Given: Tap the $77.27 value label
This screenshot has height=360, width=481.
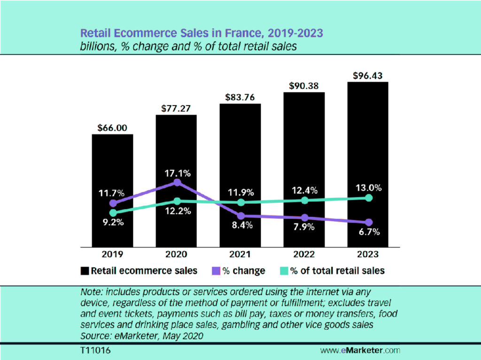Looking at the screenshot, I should (x=176, y=108).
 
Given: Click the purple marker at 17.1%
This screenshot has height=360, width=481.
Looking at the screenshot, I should (x=177, y=182).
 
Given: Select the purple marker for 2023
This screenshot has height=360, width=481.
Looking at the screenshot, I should (x=369, y=222).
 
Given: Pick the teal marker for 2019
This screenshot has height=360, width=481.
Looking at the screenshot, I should (x=113, y=213).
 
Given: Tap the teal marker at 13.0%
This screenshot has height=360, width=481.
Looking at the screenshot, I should (x=369, y=198).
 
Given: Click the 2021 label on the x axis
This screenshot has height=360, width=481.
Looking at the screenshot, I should (x=240, y=254).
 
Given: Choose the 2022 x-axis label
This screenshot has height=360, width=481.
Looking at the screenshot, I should (x=304, y=254).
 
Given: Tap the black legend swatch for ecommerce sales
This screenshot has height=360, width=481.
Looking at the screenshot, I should (x=85, y=271).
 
